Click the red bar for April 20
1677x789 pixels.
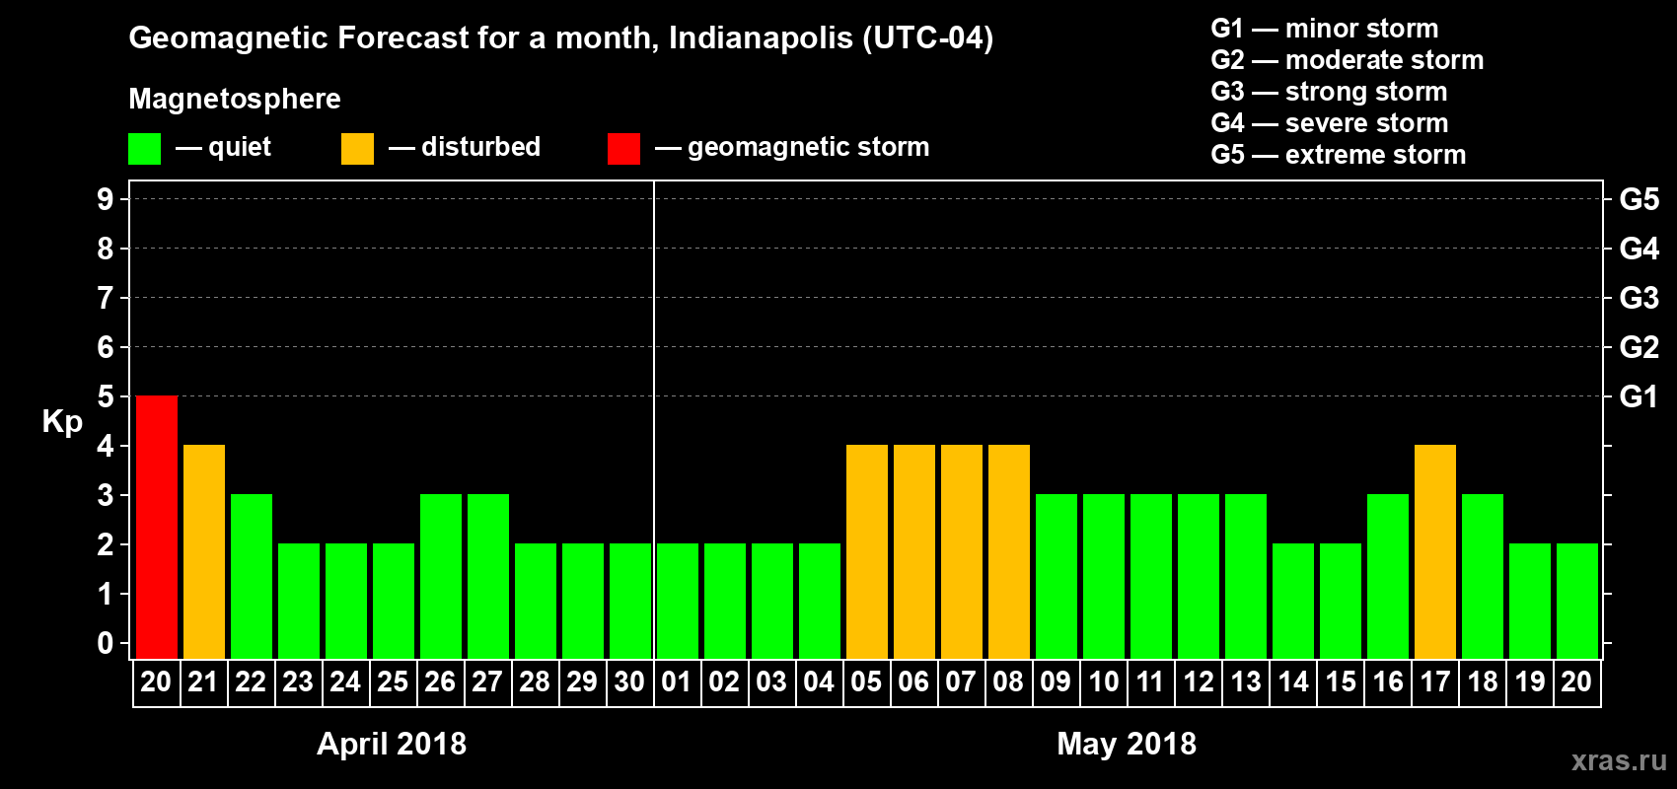point(157,527)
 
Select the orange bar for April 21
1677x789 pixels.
point(204,551)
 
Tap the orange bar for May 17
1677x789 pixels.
point(1435,551)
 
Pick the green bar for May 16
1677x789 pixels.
point(1388,576)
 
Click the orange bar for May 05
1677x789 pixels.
point(867,551)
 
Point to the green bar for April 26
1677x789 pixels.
point(441,576)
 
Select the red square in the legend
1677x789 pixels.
point(623,149)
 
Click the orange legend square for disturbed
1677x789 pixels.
point(357,149)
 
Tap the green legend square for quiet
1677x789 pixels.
point(144,149)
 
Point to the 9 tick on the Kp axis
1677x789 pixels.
point(106,199)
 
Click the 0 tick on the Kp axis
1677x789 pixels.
point(106,643)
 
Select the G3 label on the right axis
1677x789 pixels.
point(1639,298)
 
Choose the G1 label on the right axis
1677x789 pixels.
point(1639,396)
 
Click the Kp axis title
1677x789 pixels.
point(62,422)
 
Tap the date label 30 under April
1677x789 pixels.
point(629,681)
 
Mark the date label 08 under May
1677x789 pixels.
point(1008,681)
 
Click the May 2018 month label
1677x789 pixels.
point(1127,744)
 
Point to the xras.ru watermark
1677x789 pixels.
point(1619,760)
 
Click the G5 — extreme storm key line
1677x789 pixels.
point(1338,155)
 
